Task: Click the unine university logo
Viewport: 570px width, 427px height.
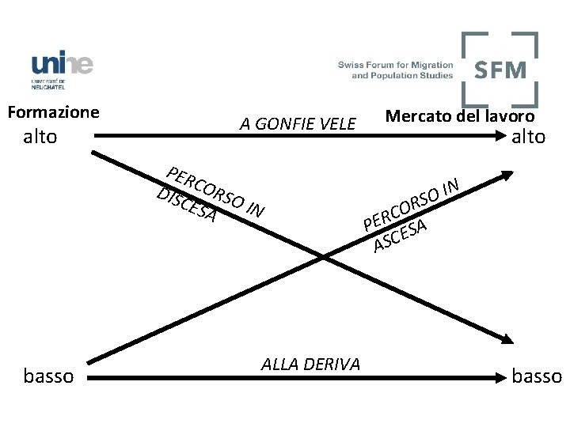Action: click(62, 70)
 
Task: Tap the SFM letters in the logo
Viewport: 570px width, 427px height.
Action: click(500, 70)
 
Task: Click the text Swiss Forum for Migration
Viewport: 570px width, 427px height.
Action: click(396, 65)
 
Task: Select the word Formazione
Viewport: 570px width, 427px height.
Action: click(53, 112)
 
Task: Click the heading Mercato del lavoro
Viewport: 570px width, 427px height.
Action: click(459, 116)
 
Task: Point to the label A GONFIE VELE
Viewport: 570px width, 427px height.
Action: click(298, 123)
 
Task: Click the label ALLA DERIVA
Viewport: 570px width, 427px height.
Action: click(310, 364)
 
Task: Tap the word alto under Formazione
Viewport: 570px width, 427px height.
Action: click(40, 137)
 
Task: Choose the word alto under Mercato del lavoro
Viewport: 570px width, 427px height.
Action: click(528, 137)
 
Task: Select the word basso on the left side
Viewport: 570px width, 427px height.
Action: click(48, 376)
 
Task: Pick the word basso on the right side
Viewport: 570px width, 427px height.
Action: click(537, 376)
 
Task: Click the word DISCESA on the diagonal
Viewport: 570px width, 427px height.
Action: click(187, 205)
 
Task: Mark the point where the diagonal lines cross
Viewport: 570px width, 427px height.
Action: click(323, 255)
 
